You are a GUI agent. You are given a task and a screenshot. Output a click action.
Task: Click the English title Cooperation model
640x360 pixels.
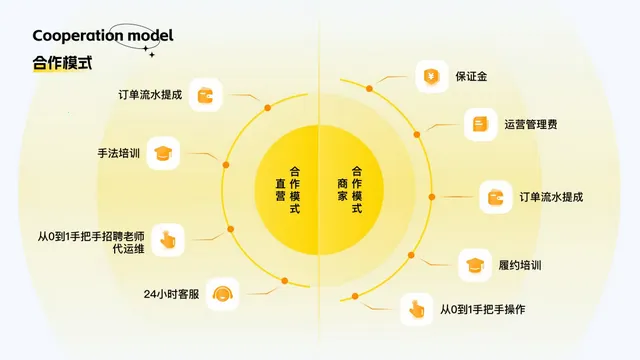point(102,36)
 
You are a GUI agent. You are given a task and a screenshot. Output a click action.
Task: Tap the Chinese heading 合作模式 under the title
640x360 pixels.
point(62,62)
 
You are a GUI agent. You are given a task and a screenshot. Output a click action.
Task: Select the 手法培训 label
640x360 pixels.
point(118,154)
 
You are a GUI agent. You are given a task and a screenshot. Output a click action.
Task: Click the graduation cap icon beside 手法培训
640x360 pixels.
point(163,154)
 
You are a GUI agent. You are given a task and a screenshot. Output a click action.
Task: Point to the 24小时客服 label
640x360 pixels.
point(172,295)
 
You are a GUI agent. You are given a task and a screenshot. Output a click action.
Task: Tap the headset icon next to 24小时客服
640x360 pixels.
point(225,294)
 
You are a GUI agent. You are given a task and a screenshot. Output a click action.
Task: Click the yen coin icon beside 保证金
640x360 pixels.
point(432,76)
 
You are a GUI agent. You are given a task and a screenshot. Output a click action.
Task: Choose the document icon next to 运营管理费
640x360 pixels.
point(480,125)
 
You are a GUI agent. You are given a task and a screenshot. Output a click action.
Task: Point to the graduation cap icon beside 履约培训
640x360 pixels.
point(474,265)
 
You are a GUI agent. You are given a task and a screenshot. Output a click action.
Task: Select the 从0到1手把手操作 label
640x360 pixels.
point(482,310)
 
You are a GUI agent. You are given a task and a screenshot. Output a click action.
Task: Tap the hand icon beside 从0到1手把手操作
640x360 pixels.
point(416,310)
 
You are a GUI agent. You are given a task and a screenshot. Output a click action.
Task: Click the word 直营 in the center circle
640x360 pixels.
point(281,189)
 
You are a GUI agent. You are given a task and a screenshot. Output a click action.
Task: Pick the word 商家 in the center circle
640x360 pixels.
point(343,189)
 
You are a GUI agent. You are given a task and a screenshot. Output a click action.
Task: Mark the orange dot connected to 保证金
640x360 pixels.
point(368,89)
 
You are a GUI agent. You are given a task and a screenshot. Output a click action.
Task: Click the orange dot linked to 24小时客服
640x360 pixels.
point(271,291)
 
